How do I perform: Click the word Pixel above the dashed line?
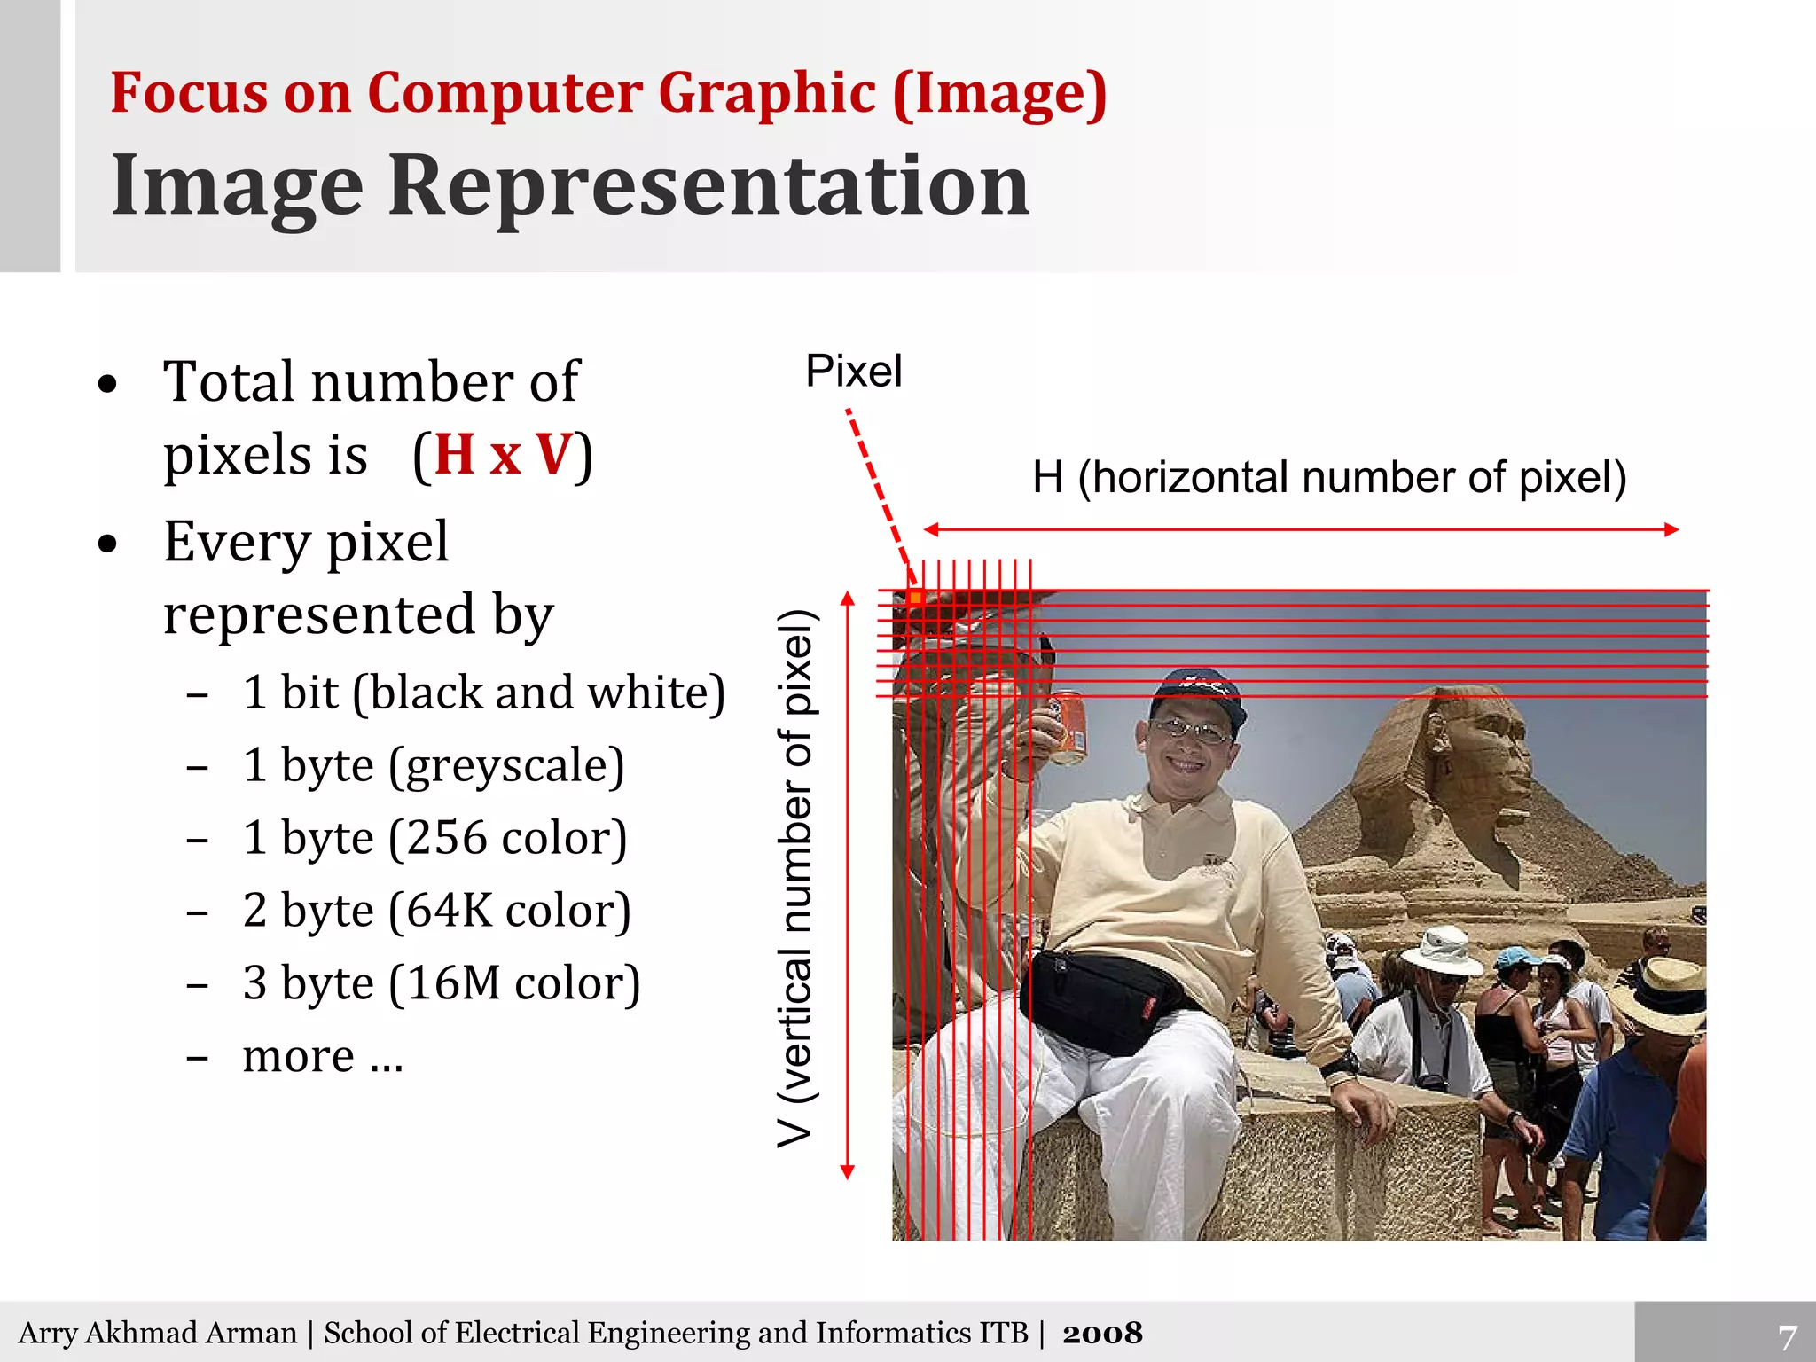pos(853,371)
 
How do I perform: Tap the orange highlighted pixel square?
pos(915,599)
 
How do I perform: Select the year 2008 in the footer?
pos(1102,1333)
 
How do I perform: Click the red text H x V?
pos(504,455)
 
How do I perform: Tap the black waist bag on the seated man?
pos(1100,998)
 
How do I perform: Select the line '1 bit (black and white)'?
pos(483,693)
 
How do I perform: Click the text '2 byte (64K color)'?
pos(436,911)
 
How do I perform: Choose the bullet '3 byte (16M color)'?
pos(441,983)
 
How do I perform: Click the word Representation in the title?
pos(708,185)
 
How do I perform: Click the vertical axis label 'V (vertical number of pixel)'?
pos(794,878)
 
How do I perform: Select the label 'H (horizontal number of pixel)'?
pos(1328,478)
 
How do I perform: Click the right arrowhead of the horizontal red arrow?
pos(1671,529)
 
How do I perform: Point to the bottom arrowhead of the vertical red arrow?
pos(847,1172)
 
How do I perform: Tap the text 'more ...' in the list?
pos(323,1055)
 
